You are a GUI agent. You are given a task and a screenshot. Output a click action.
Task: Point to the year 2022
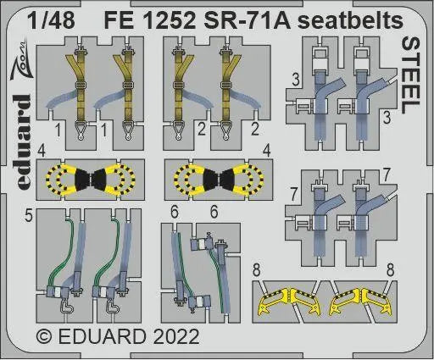[x=175, y=336]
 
